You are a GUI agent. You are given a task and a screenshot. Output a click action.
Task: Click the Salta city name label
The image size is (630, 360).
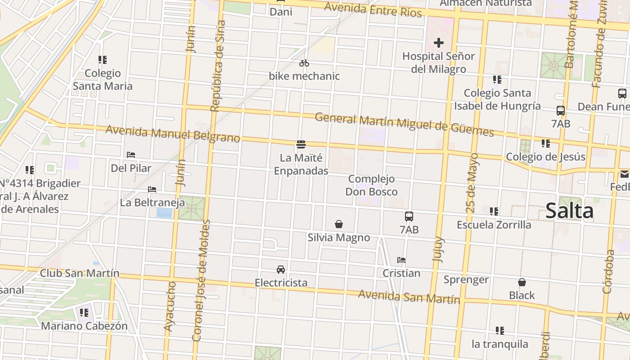coord(569,211)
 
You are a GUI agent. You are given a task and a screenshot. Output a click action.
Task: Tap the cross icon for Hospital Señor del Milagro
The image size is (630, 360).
coord(438,43)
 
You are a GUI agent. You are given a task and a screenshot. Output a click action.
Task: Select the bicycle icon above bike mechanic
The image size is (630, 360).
coord(304,63)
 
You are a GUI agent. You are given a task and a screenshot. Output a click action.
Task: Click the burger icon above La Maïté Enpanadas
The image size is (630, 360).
coord(301,144)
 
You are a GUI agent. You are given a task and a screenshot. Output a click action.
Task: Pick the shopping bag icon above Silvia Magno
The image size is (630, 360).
coord(339,224)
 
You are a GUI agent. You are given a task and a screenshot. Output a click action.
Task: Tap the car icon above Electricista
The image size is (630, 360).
coord(281,269)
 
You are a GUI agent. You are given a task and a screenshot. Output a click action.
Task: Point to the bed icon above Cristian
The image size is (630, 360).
coord(401,260)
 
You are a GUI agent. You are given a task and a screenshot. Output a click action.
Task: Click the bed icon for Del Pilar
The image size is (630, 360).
coord(131,155)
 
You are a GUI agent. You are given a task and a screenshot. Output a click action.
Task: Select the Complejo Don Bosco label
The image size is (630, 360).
coord(371,185)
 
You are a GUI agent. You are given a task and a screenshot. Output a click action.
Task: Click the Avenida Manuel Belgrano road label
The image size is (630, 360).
coord(172,134)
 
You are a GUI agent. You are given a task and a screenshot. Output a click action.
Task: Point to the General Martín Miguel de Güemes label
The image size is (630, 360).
coord(404,125)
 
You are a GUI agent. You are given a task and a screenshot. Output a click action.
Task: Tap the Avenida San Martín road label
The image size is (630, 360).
coord(409,297)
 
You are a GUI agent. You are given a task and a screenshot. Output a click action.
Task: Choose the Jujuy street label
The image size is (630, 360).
coord(438,249)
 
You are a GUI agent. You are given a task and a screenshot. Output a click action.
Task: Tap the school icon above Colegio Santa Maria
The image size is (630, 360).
coord(103,59)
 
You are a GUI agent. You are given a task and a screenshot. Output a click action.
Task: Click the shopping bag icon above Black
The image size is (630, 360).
coord(522,282)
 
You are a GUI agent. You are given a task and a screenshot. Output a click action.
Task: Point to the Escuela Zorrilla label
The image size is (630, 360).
coord(494,225)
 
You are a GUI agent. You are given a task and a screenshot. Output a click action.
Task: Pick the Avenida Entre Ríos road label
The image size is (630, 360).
coord(373,9)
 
